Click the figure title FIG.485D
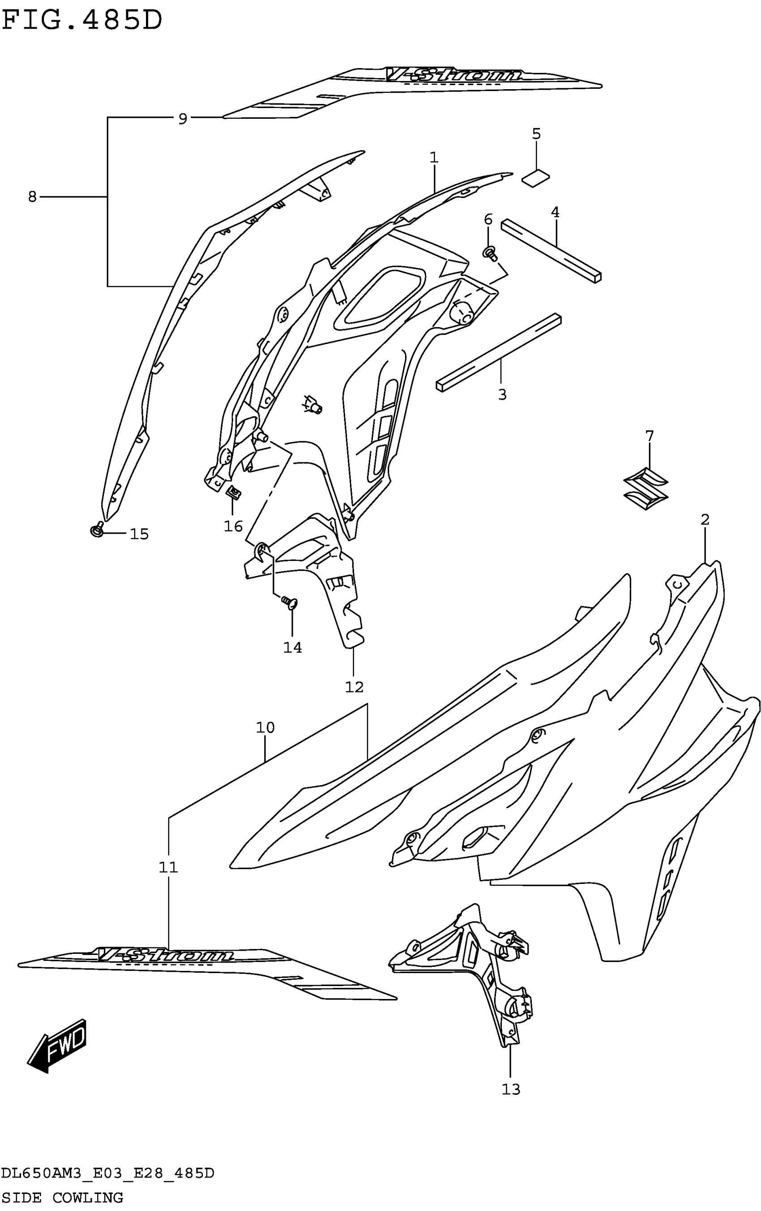click(x=82, y=21)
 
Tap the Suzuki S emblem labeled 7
click(x=646, y=486)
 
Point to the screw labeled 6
click(x=489, y=252)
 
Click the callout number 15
click(x=139, y=534)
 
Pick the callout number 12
click(x=354, y=686)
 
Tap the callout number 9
click(x=183, y=119)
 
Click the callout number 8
click(x=32, y=197)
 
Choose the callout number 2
click(x=705, y=520)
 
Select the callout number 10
click(x=265, y=727)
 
